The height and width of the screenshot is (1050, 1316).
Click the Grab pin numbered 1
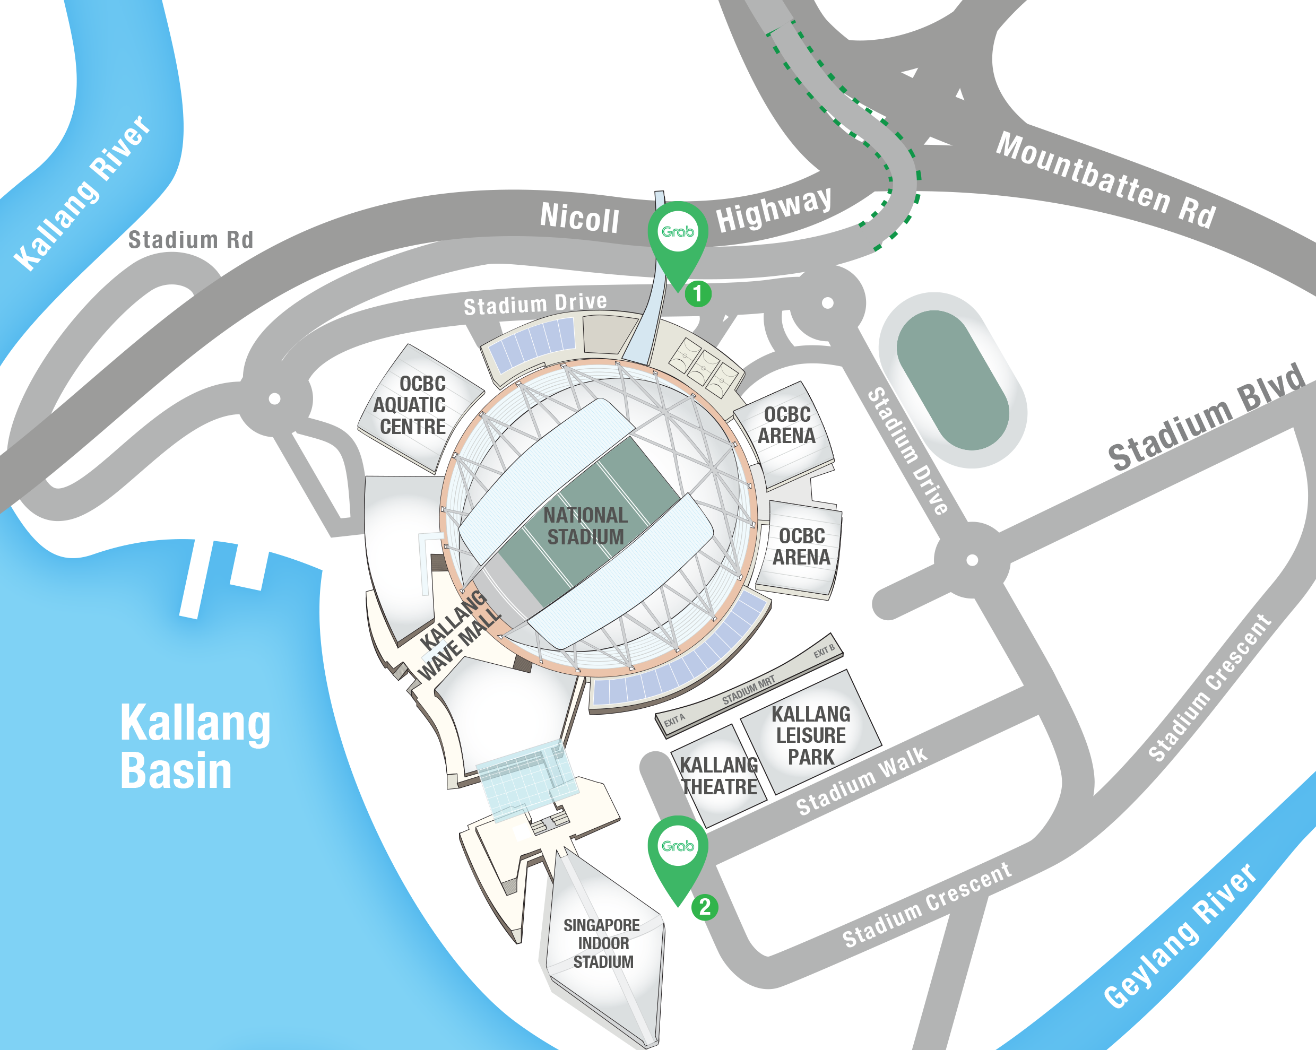(x=678, y=235)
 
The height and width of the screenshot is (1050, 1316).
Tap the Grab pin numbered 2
(x=678, y=849)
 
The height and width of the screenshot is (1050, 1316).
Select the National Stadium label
(x=585, y=526)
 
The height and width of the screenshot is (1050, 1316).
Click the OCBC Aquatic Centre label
(x=410, y=405)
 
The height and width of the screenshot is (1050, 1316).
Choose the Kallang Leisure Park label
(x=811, y=735)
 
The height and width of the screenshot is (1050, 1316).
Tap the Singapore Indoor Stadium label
(x=602, y=944)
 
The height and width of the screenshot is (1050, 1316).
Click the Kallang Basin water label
(x=194, y=746)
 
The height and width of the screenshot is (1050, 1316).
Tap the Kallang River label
(x=82, y=192)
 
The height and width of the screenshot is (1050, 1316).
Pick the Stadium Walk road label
(x=861, y=782)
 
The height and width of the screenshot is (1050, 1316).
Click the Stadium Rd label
(x=190, y=240)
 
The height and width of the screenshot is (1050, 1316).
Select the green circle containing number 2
(x=704, y=907)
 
